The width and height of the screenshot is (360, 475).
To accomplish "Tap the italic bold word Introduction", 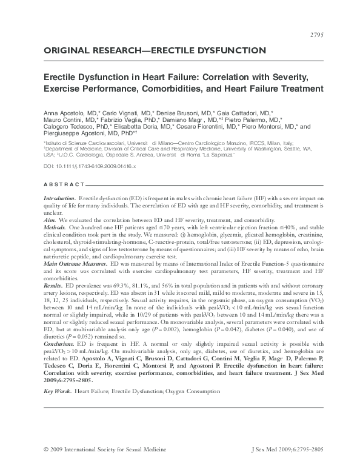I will coord(60,198).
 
